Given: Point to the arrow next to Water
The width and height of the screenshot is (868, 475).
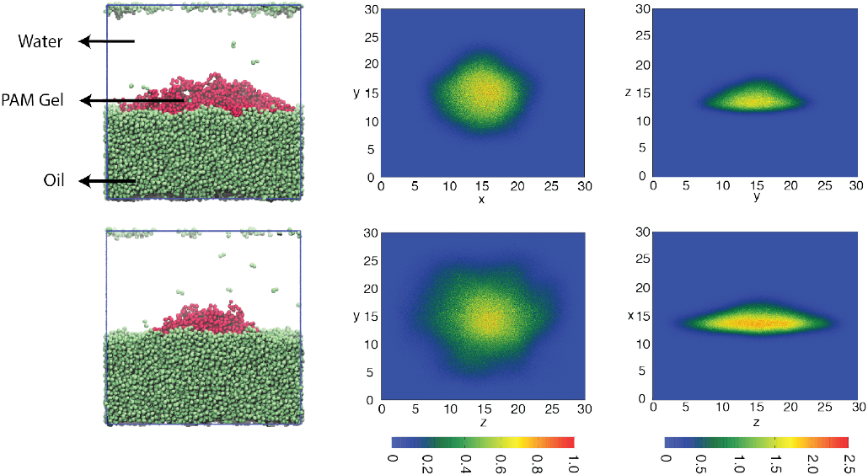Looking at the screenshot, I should (x=107, y=41).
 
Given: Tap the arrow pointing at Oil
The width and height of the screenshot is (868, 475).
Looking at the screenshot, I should (x=107, y=180).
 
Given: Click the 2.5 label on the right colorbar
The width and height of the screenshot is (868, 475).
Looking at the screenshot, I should (x=849, y=464).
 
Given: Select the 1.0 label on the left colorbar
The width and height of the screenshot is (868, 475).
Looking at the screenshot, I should (x=573, y=464).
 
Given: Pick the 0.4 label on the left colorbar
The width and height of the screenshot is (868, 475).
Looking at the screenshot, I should (x=464, y=464).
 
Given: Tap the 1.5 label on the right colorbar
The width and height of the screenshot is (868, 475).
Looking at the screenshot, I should (x=775, y=464).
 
